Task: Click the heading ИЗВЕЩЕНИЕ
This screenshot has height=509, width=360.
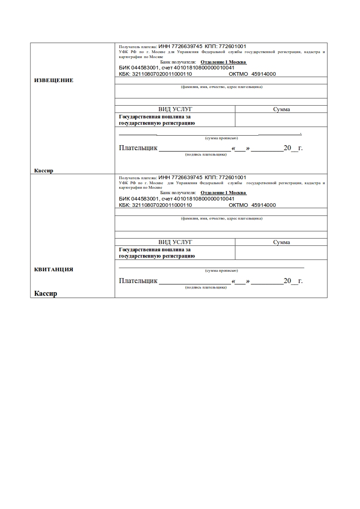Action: click(54, 80)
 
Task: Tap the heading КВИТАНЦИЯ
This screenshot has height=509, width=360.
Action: click(54, 269)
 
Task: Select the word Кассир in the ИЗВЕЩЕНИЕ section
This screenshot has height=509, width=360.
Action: click(44, 171)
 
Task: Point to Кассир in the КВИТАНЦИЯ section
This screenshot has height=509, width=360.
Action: click(46, 294)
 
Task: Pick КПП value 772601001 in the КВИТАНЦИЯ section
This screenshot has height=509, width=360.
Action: click(232, 177)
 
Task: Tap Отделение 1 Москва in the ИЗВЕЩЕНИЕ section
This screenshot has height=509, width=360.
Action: click(223, 62)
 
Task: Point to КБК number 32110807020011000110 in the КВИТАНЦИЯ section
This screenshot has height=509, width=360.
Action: click(162, 205)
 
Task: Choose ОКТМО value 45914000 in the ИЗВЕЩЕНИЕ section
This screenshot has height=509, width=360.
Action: click(263, 74)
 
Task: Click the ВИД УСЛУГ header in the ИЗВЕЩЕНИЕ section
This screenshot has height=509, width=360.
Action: click(175, 109)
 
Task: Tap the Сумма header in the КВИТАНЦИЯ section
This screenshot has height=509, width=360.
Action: click(281, 242)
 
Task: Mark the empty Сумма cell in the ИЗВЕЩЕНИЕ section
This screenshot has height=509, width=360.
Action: click(281, 120)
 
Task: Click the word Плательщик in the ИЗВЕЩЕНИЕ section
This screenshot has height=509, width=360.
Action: click(138, 148)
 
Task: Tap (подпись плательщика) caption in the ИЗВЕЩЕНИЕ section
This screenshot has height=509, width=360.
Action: click(206, 155)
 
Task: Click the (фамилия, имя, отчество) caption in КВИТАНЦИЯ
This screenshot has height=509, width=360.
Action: click(222, 219)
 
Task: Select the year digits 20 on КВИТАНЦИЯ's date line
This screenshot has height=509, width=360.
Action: click(287, 281)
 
